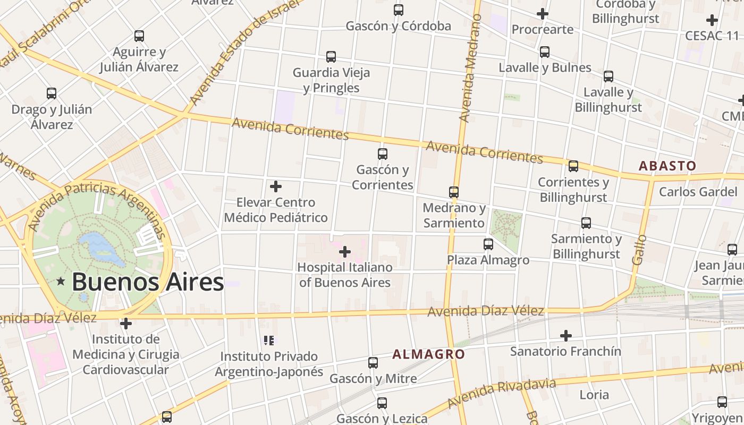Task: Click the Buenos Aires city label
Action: (x=147, y=282)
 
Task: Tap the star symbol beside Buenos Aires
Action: (x=61, y=281)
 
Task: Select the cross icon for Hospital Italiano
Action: (x=345, y=251)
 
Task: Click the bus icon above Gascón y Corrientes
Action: (x=382, y=154)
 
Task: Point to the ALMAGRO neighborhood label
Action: (x=428, y=354)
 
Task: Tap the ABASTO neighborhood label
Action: (x=667, y=166)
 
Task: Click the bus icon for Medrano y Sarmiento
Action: (x=453, y=192)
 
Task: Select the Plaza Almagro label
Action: (x=488, y=260)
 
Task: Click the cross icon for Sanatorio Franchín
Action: (x=566, y=336)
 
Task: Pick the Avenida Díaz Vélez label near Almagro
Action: (x=486, y=311)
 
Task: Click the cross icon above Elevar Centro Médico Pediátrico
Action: (x=276, y=186)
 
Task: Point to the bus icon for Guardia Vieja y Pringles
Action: (x=331, y=57)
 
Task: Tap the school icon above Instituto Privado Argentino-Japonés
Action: (x=269, y=341)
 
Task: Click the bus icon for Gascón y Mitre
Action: (x=373, y=363)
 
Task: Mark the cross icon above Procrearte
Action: (x=542, y=14)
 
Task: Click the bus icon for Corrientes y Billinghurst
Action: (x=573, y=166)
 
